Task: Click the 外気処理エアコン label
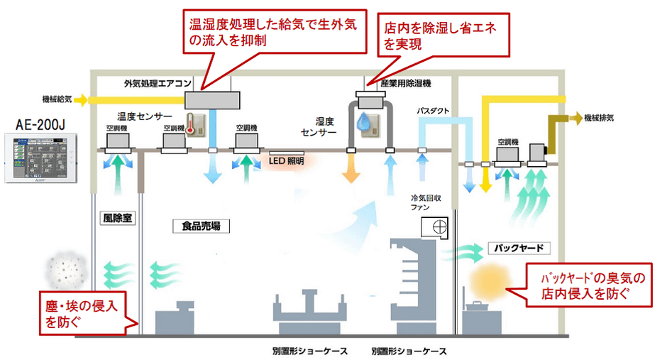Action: pyautogui.click(x=158, y=84)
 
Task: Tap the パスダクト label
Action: pyautogui.click(x=433, y=112)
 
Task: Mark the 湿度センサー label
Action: pyautogui.click(x=316, y=127)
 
